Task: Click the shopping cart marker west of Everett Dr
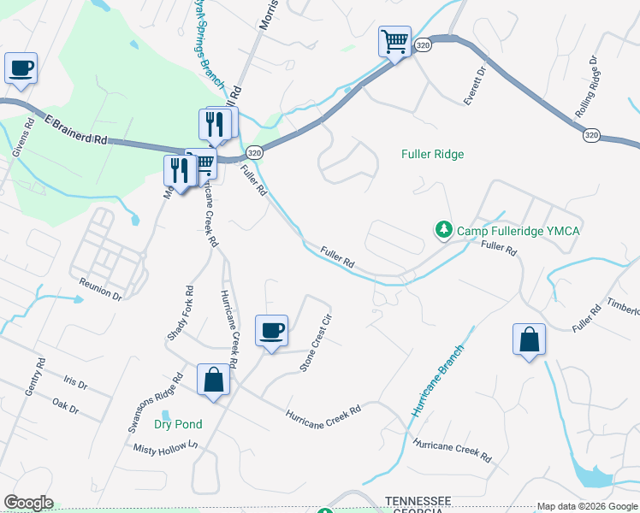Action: click(x=394, y=41)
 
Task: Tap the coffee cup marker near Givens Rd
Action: click(x=21, y=68)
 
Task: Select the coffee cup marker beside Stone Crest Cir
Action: click(x=271, y=331)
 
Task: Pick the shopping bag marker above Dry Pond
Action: click(x=213, y=380)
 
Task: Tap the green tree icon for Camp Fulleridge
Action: click(x=443, y=229)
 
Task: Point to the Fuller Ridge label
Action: click(x=433, y=154)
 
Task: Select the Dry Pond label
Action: click(x=178, y=424)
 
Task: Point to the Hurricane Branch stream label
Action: click(x=437, y=380)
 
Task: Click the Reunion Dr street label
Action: click(x=101, y=287)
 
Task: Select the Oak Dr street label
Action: click(x=65, y=405)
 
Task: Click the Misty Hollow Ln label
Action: click(x=165, y=447)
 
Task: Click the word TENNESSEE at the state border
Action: click(x=418, y=500)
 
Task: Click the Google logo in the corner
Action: click(x=28, y=503)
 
